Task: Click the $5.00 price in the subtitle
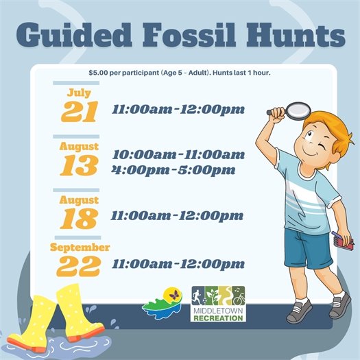point(101,73)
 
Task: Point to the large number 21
point(79,112)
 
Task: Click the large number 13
point(79,165)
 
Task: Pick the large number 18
point(79,218)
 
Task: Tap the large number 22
point(79,265)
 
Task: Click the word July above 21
point(79,93)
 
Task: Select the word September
point(80,247)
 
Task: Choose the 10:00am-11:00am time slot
point(178,154)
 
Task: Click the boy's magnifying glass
point(297,109)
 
